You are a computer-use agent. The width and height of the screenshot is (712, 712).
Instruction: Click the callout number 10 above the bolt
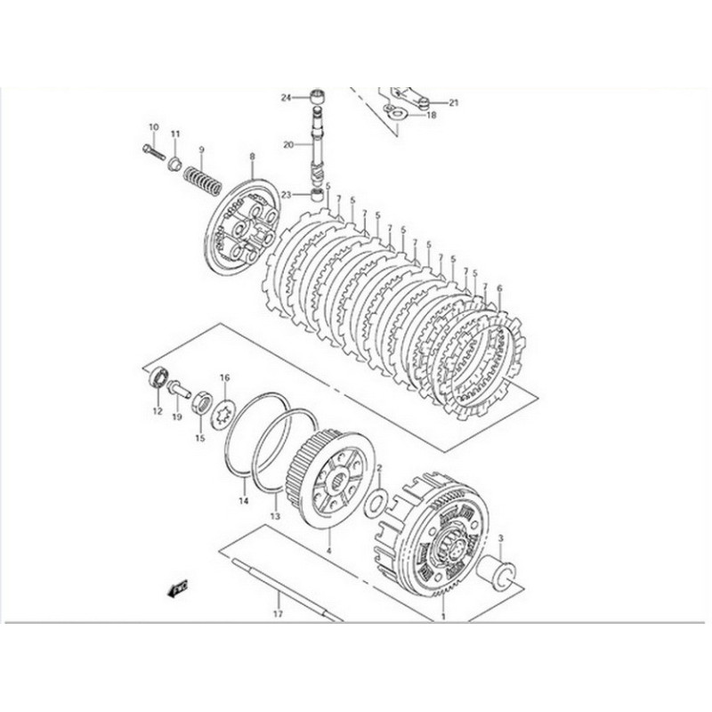tap(152, 127)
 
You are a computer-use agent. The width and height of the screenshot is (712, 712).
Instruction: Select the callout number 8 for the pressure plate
tap(252, 156)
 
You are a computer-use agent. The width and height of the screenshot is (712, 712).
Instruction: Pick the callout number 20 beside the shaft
tap(287, 144)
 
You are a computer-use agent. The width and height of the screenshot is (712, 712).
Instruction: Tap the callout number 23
tap(287, 195)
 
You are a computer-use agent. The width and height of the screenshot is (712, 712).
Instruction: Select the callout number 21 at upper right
tap(453, 103)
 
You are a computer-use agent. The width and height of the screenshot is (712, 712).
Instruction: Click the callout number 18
tap(431, 115)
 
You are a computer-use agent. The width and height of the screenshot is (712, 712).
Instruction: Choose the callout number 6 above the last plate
tap(499, 289)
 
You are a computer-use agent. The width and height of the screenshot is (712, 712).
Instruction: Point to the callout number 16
tap(225, 377)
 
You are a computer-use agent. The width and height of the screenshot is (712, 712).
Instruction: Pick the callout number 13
tap(275, 515)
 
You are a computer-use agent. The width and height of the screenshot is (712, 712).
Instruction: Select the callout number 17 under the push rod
tap(277, 613)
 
